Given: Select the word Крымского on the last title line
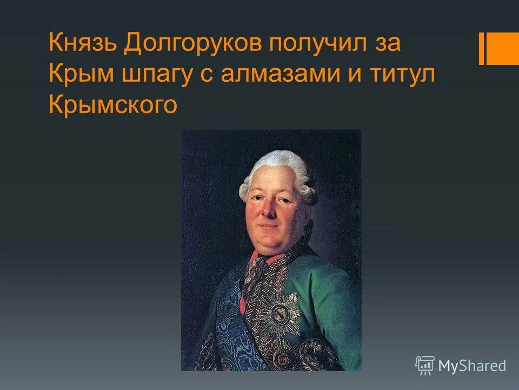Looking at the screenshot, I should click(x=113, y=106).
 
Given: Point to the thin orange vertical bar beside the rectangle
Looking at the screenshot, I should click(x=481, y=48).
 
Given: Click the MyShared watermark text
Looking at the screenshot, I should click(x=472, y=366).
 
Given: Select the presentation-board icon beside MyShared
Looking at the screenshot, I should click(x=425, y=366).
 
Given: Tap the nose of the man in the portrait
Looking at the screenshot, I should click(x=274, y=211).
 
